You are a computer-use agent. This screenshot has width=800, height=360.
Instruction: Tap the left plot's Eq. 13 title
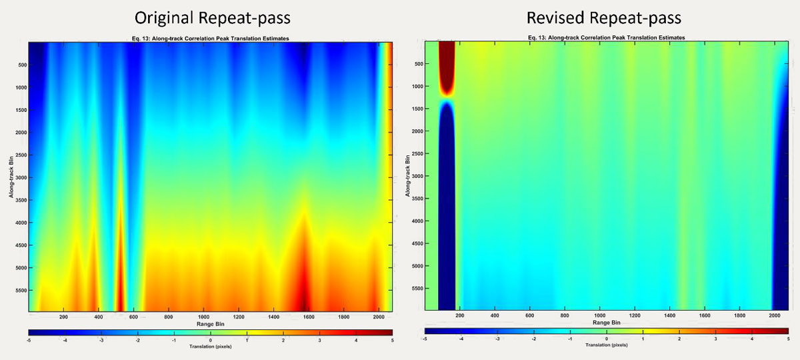pyautogui.click(x=210, y=39)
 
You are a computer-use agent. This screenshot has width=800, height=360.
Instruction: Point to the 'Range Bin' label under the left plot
pyautogui.click(x=210, y=324)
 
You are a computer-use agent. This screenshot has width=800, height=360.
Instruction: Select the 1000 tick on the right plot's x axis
pyautogui.click(x=599, y=315)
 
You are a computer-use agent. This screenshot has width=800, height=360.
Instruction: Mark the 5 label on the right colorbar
pyautogui.click(x=788, y=339)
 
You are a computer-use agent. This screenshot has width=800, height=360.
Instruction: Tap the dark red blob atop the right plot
pyautogui.click(x=446, y=67)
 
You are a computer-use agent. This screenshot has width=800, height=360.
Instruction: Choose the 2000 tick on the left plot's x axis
pyautogui.click(x=378, y=317)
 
